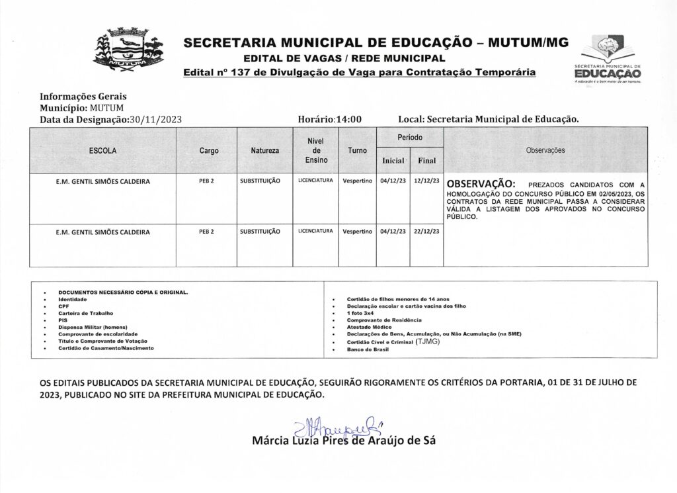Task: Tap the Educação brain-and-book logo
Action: click(608, 58)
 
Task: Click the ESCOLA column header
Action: click(102, 151)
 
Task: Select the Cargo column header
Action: click(209, 151)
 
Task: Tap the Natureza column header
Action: click(264, 151)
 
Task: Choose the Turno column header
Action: click(357, 151)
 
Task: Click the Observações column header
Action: click(545, 151)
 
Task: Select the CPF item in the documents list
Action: click(62, 306)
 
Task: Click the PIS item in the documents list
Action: click(62, 320)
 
